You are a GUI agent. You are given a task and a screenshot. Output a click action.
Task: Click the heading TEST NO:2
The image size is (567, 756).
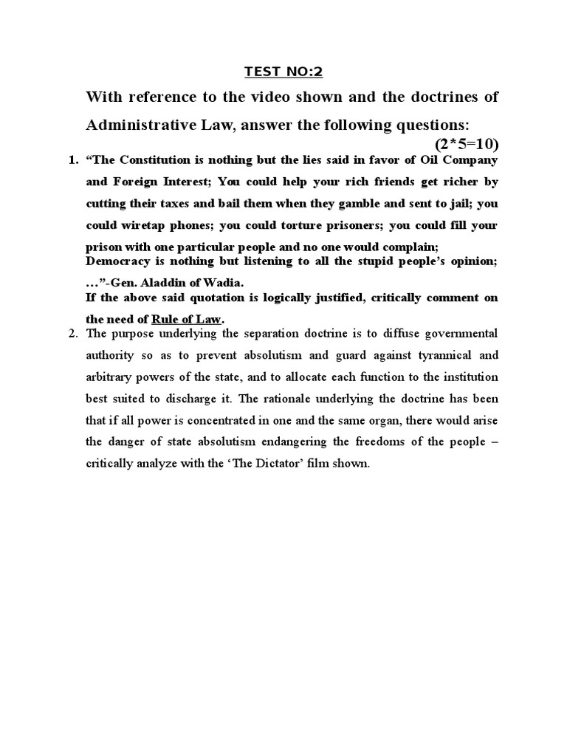click(283, 72)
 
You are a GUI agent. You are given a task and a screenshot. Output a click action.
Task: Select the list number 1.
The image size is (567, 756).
click(72, 160)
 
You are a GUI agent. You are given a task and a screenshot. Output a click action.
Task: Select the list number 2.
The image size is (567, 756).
click(72, 333)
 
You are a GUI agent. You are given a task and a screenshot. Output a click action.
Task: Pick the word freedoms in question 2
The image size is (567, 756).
click(380, 444)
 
